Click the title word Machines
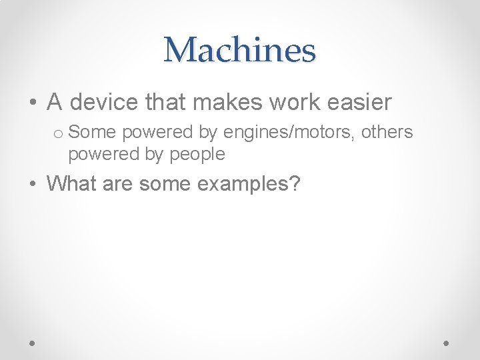pyautogui.click(x=239, y=50)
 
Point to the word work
pyautogui.click(x=283, y=102)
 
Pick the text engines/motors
pyautogui.click(x=289, y=133)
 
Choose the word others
pyautogui.click(x=387, y=132)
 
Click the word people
pyautogui.click(x=198, y=155)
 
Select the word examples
pyautogui.click(x=243, y=183)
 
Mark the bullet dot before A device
pyautogui.click(x=32, y=103)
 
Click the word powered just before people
pyautogui.click(x=99, y=155)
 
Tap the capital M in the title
pyautogui.click(x=179, y=50)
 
